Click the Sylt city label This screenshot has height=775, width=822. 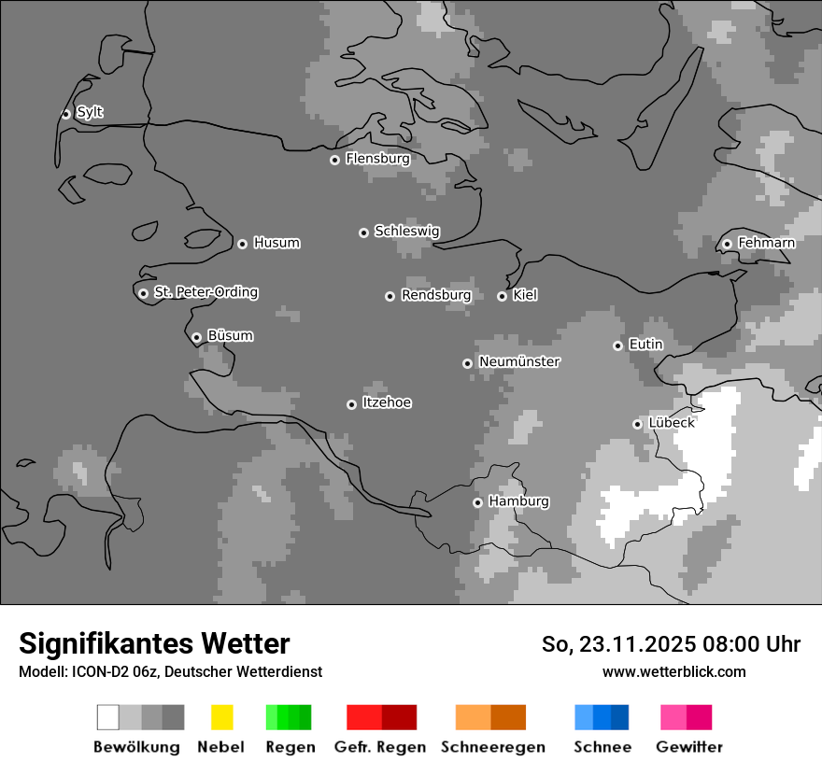point(90,113)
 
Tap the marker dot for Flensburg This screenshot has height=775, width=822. point(334,160)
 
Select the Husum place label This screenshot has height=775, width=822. point(276,244)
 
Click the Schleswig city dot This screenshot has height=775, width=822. point(363,232)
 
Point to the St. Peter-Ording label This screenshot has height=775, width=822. point(205,292)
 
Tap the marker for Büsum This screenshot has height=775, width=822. point(196,338)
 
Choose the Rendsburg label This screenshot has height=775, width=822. point(436,295)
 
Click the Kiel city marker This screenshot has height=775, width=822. point(502,296)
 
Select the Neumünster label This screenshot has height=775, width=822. point(519,362)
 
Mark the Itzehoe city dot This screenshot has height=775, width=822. point(351,404)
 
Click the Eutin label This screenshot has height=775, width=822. point(645,345)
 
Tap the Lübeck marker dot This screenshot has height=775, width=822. point(637,424)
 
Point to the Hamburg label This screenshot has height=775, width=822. point(518,501)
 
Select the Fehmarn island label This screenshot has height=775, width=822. point(766,243)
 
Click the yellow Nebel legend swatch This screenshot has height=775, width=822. point(221,717)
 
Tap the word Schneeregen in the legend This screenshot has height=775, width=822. point(492,747)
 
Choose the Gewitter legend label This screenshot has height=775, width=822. point(688,747)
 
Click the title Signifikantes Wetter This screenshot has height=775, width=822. point(154,643)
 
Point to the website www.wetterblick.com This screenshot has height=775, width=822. point(673,671)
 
